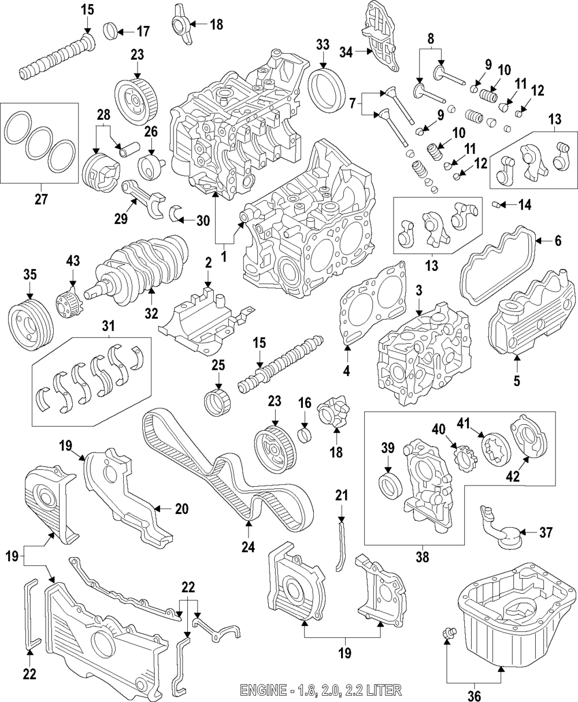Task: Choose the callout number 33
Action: point(323,44)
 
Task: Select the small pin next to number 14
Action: point(495,204)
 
